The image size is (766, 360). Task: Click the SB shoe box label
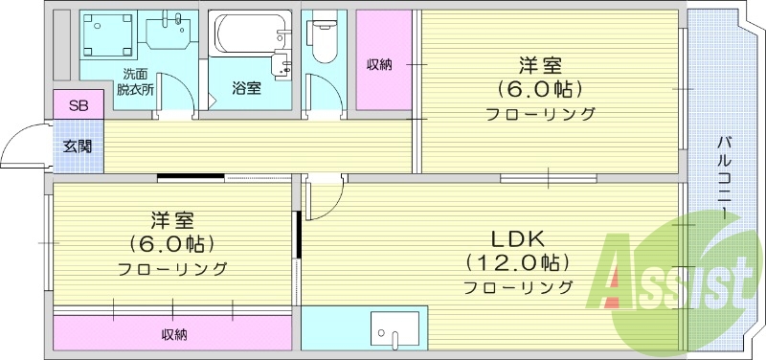[79, 105]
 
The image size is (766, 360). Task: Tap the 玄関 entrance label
[78, 146]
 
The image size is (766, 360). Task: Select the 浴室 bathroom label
[246, 88]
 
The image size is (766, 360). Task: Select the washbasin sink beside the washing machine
[169, 33]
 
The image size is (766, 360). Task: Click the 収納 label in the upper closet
[379, 65]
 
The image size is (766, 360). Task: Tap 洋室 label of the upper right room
[541, 66]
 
